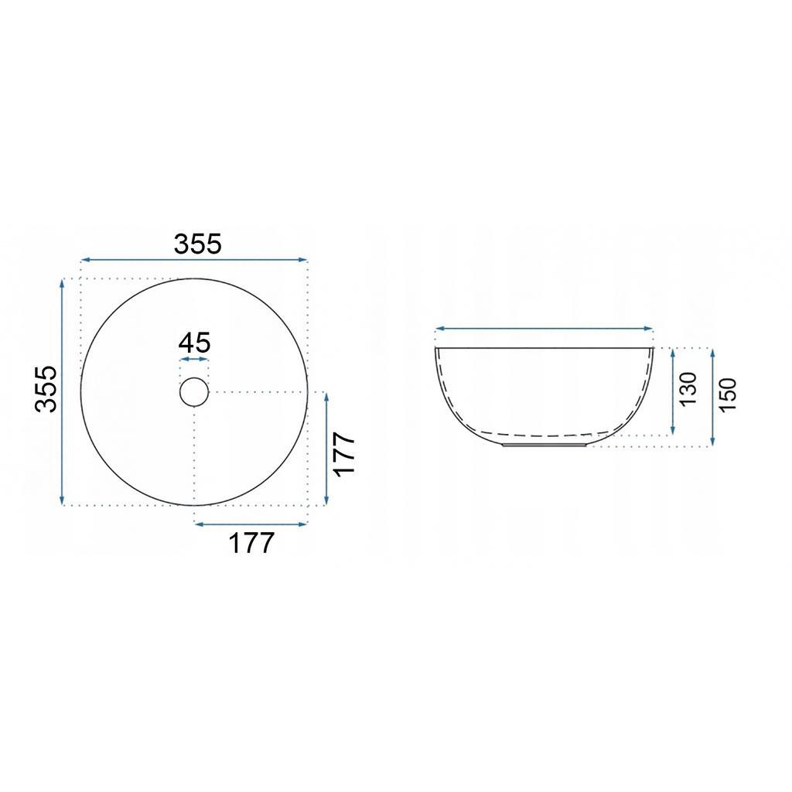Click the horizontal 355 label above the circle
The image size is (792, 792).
pyautogui.click(x=198, y=244)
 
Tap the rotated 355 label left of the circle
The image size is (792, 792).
pyautogui.click(x=46, y=389)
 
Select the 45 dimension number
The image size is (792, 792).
pyautogui.click(x=194, y=342)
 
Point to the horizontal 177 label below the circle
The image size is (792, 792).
pyautogui.click(x=251, y=543)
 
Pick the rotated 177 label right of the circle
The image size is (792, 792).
pyautogui.click(x=344, y=454)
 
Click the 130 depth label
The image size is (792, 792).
pyautogui.click(x=689, y=388)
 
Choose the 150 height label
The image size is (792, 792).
pyautogui.click(x=729, y=394)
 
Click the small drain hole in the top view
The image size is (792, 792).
pyautogui.click(x=194, y=392)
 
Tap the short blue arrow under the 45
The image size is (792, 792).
pyautogui.click(x=194, y=360)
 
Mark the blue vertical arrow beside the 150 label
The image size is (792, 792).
pyautogui.click(x=712, y=396)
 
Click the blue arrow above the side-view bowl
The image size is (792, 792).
pyautogui.click(x=544, y=329)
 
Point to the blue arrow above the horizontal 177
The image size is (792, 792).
pyautogui.click(x=251, y=524)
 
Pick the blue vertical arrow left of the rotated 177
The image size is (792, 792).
pyautogui.click(x=327, y=448)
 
